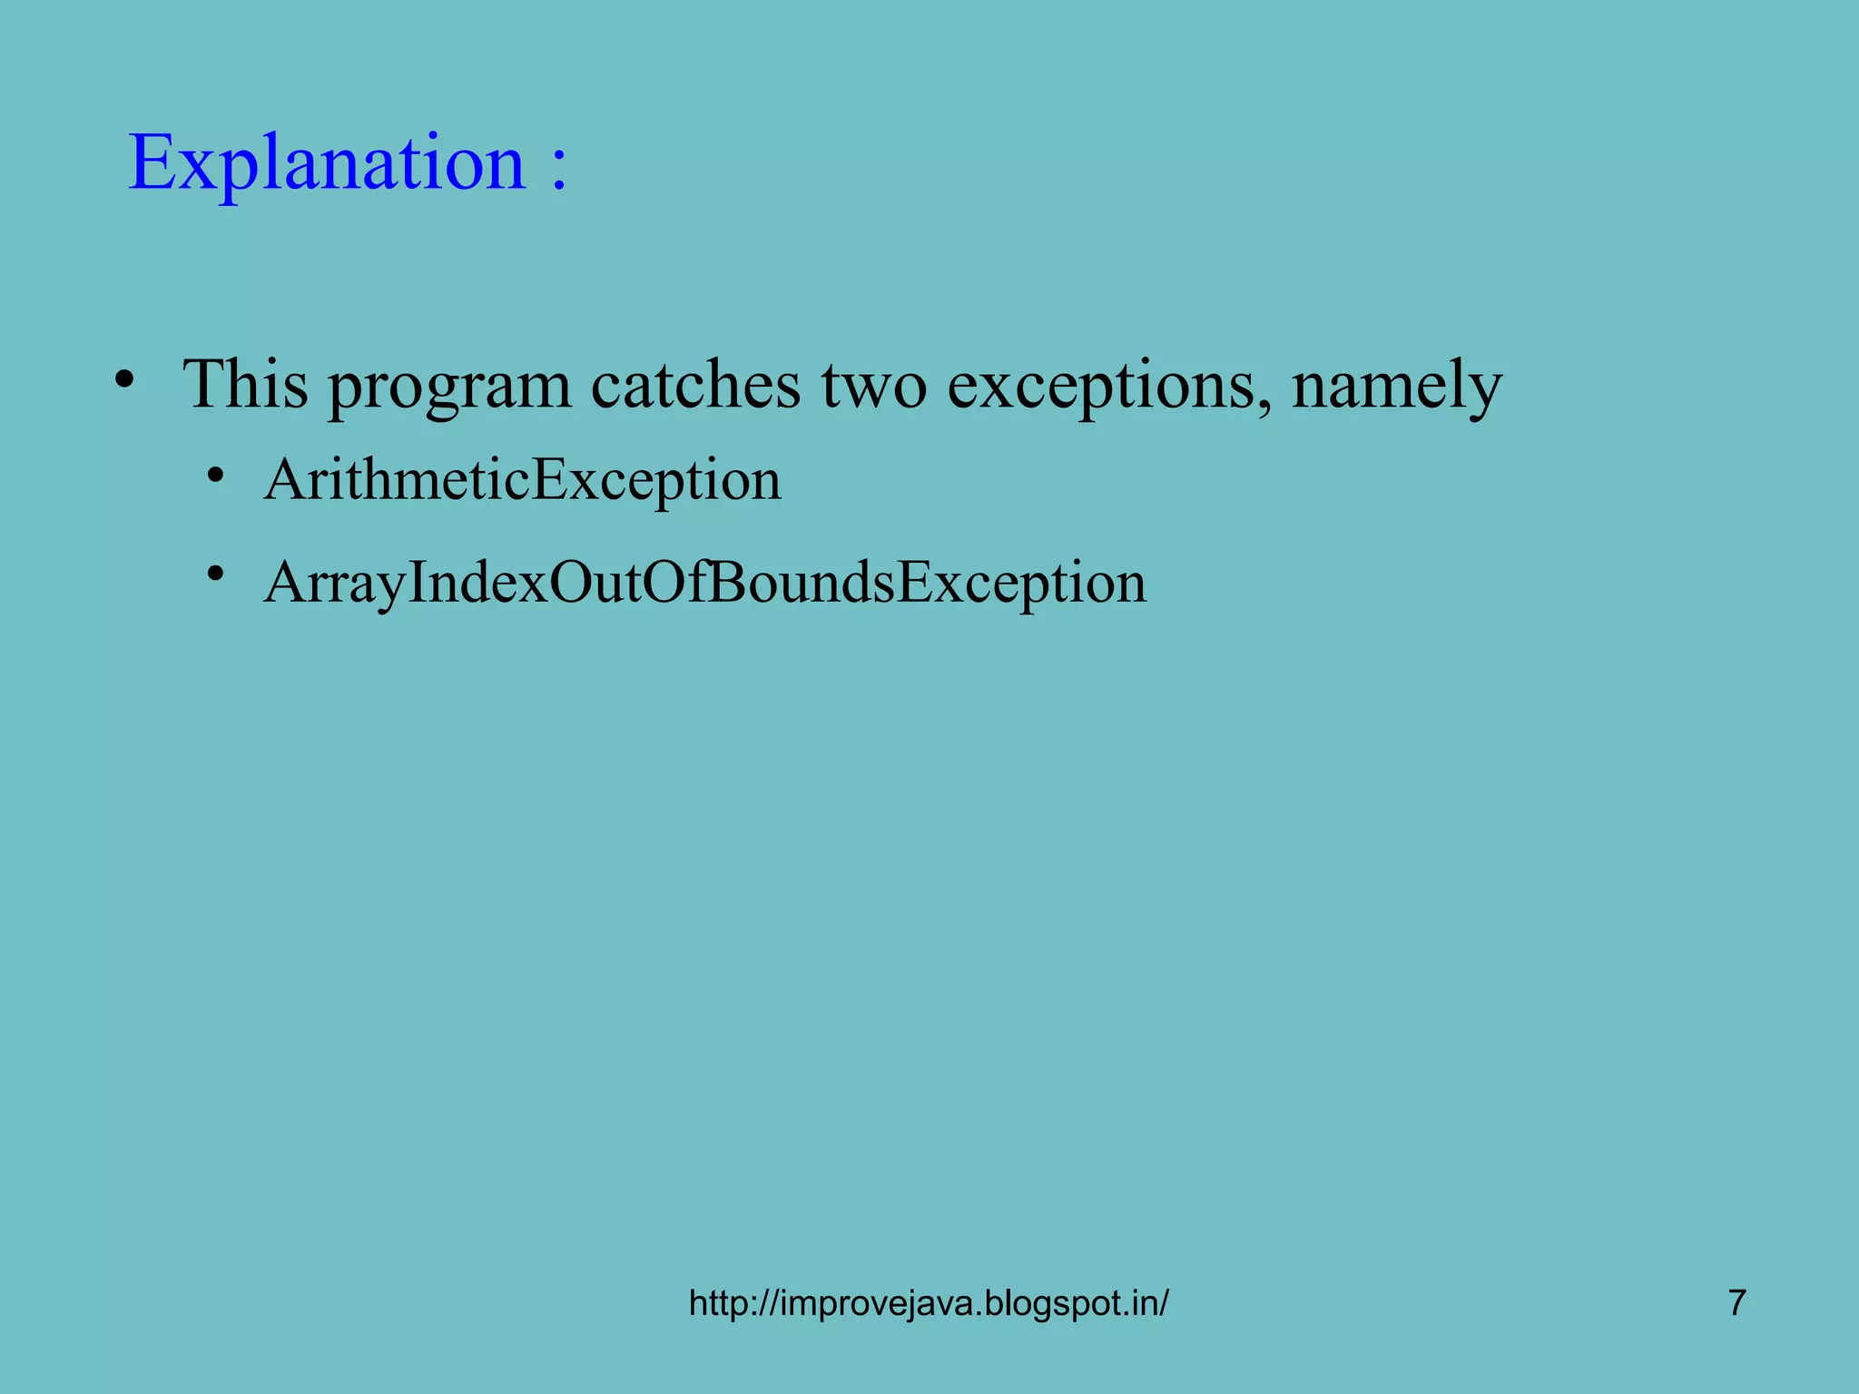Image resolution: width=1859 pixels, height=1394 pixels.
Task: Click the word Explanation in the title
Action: coord(327,163)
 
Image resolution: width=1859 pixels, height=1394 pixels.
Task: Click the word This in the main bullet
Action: coord(246,385)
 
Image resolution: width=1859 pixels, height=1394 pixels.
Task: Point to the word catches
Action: coord(695,385)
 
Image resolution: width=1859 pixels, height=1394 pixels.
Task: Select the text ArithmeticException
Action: coord(522,480)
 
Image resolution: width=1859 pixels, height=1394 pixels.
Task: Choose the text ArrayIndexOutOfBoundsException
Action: coord(704,583)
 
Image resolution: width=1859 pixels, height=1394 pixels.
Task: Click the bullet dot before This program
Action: coord(125,379)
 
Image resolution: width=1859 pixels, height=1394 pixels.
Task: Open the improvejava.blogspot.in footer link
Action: coord(929,1303)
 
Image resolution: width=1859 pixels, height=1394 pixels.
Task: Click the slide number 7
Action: coord(1736,1302)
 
